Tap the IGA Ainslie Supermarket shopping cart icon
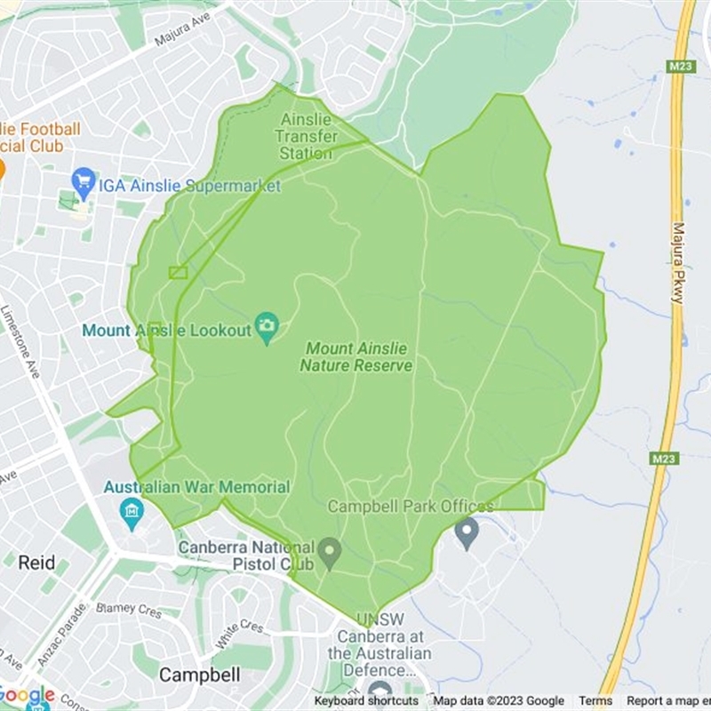84,184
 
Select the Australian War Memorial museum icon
132,512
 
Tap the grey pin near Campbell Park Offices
467,532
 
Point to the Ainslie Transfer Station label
307,136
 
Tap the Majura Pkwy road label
678,263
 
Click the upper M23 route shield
680,66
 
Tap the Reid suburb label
36,563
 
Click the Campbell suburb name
199,675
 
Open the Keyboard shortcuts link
365,701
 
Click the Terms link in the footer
595,701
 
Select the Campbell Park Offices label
411,507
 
